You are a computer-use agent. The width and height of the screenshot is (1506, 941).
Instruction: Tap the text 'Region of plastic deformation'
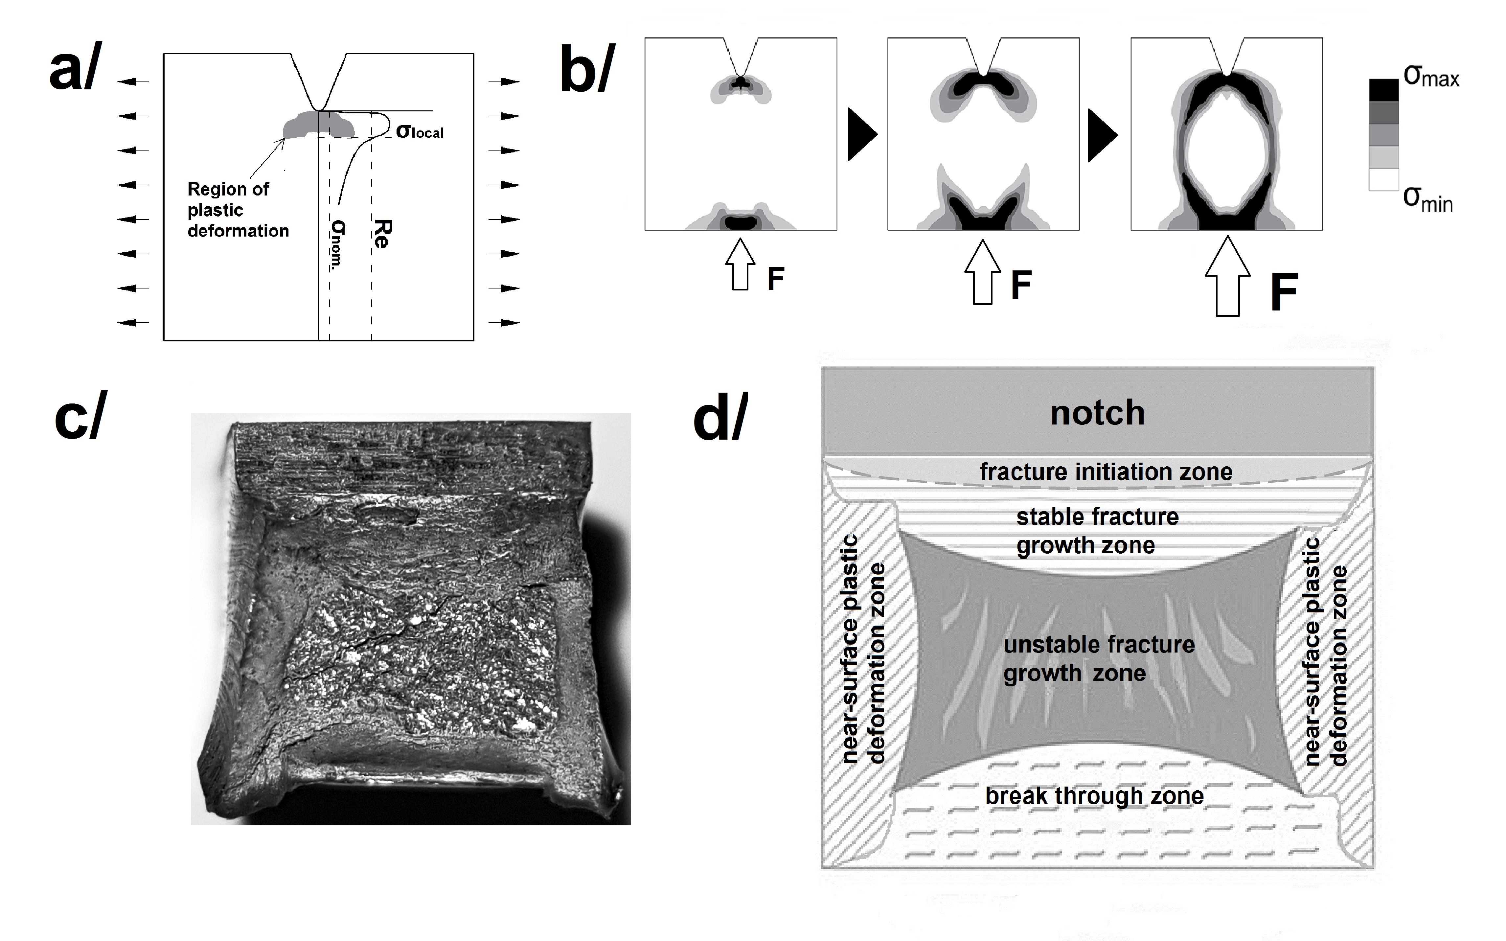point(238,210)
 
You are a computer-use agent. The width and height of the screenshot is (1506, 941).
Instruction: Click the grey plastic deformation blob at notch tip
point(317,126)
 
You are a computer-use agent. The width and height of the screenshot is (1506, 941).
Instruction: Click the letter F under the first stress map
point(775,279)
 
